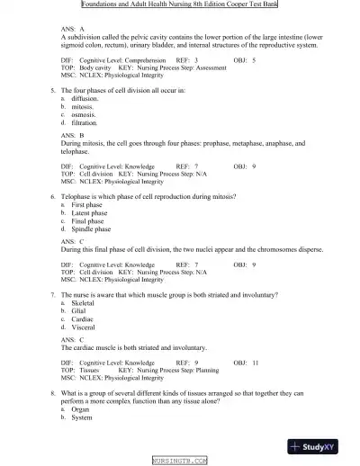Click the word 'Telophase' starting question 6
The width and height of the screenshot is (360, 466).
(76, 196)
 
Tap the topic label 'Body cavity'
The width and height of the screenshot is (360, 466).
(97, 67)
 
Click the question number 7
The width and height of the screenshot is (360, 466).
(52, 294)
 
